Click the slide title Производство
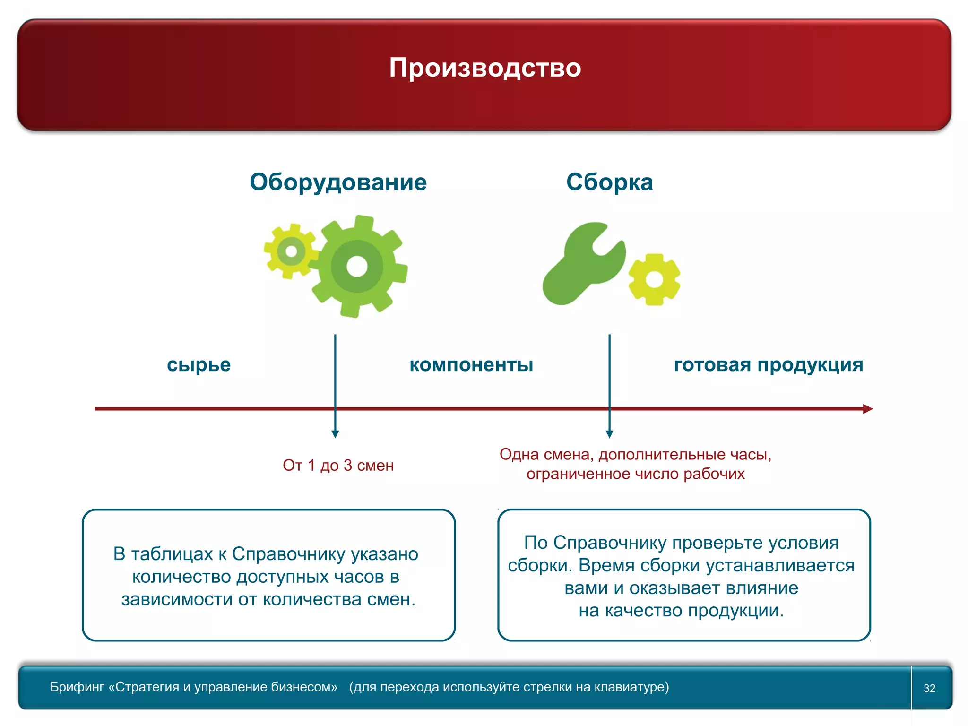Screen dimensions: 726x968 click(485, 68)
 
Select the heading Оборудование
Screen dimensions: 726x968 click(338, 182)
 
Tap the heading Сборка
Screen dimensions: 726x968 click(609, 182)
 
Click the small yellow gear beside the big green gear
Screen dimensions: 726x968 click(291, 251)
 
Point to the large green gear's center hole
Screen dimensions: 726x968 click(357, 267)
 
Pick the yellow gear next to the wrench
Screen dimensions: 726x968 click(654, 280)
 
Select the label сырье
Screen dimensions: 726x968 click(199, 365)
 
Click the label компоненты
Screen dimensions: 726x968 click(471, 365)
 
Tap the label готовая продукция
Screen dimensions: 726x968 click(769, 365)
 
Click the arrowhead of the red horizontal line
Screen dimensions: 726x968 click(867, 409)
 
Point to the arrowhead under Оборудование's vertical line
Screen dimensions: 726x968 click(335, 434)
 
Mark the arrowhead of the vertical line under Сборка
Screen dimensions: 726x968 click(609, 434)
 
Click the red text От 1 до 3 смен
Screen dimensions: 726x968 click(338, 466)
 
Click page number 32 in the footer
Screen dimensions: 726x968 click(929, 688)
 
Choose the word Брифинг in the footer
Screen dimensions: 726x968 click(77, 687)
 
